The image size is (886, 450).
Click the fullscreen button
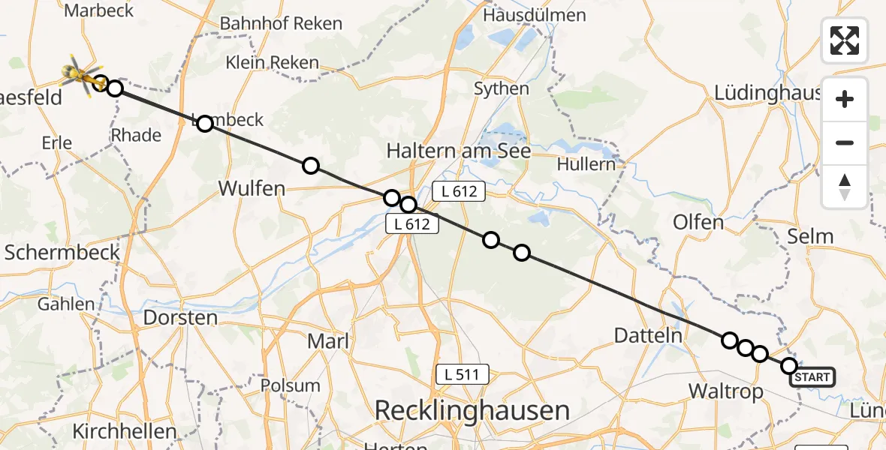(x=845, y=40)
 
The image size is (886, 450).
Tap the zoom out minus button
(x=845, y=142)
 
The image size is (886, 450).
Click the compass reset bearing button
(x=845, y=187)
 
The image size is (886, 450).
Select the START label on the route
(x=812, y=376)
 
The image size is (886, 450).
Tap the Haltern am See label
(x=458, y=151)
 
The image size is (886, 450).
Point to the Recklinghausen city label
(x=472, y=410)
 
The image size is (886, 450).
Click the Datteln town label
(x=649, y=335)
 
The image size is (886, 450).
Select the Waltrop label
(x=726, y=391)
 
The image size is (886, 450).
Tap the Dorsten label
(x=180, y=317)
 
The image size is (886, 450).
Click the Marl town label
(x=328, y=341)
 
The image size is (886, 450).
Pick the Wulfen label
(x=252, y=188)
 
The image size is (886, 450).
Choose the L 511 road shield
(x=463, y=373)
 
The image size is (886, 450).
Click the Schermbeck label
(x=62, y=252)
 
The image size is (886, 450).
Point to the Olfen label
(x=698, y=222)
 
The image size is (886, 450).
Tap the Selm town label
(x=810, y=236)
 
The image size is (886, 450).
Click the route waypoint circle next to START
(x=788, y=366)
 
